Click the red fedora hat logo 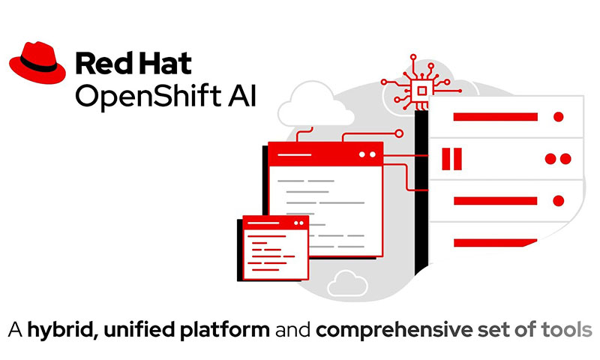point(37,62)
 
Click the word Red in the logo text point(101,64)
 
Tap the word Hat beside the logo point(163,64)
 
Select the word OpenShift point(148,96)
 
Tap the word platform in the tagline point(225,331)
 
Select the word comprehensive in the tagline point(394,331)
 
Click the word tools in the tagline point(567,329)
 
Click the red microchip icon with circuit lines point(421,84)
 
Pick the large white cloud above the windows point(316,105)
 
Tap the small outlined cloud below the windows point(347,283)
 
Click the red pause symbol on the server point(452,159)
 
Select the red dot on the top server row point(558,117)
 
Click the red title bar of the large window point(325,154)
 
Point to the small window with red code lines point(275,247)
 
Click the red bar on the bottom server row point(495,242)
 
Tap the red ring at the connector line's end point(399,133)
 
